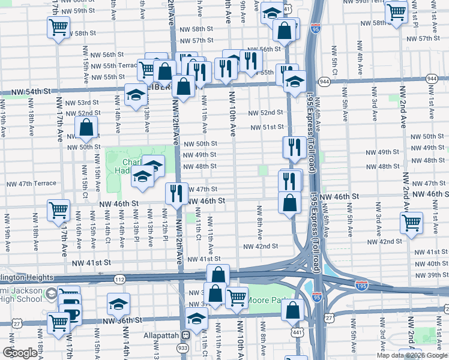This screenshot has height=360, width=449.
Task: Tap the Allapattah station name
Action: pos(162,334)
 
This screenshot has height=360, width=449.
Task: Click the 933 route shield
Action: pos(182,347)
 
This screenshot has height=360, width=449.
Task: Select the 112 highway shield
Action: pos(119,278)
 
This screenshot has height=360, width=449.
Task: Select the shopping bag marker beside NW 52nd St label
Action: pos(86,127)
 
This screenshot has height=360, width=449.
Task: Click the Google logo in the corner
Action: pos(20,353)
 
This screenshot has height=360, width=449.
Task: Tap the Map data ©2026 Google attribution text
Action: pos(412,355)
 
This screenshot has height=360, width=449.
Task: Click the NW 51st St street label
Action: pos(267,127)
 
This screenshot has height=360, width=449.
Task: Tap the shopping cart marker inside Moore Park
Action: pos(237,297)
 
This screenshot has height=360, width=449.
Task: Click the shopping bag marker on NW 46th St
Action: pos(290,203)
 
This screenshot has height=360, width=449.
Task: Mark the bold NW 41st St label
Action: pos(91,263)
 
